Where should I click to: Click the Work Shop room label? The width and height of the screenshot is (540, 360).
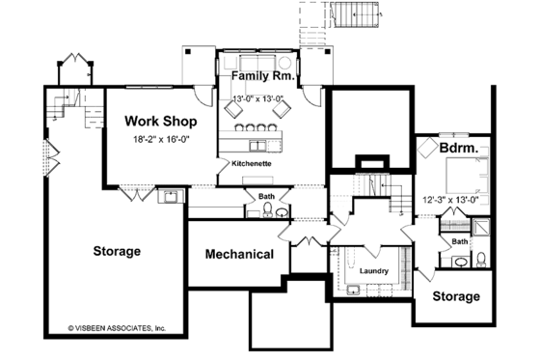click(162, 122)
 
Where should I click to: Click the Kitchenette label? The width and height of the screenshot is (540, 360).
click(251, 164)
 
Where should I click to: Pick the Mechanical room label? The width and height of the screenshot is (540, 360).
click(239, 255)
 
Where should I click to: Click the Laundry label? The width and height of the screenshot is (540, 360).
click(374, 271)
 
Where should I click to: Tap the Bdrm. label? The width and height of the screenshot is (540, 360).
click(461, 150)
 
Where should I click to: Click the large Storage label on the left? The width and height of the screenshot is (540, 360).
click(117, 251)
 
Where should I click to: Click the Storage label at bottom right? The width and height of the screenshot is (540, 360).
click(456, 296)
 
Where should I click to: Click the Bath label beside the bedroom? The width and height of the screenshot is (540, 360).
click(461, 241)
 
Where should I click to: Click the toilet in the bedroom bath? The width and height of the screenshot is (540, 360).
click(479, 259)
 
